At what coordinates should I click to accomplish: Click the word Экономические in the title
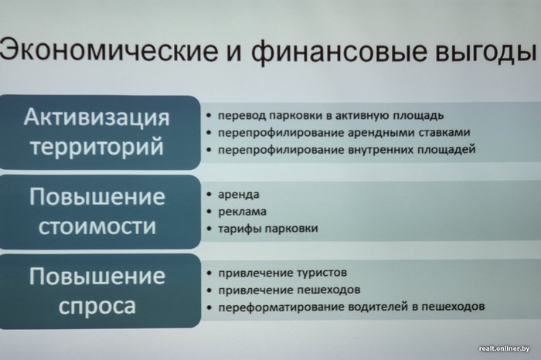pyautogui.click(x=109, y=51)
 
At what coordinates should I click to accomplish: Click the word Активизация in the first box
pyautogui.click(x=97, y=118)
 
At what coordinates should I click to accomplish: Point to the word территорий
pyautogui.click(x=97, y=148)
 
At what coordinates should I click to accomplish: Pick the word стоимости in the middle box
pyautogui.click(x=97, y=227)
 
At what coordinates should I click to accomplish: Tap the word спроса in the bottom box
pyautogui.click(x=97, y=307)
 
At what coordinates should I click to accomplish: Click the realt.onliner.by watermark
pyautogui.click(x=504, y=348)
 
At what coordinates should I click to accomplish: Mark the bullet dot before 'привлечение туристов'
pyautogui.click(x=209, y=273)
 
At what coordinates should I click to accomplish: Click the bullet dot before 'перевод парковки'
pyautogui.click(x=209, y=116)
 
